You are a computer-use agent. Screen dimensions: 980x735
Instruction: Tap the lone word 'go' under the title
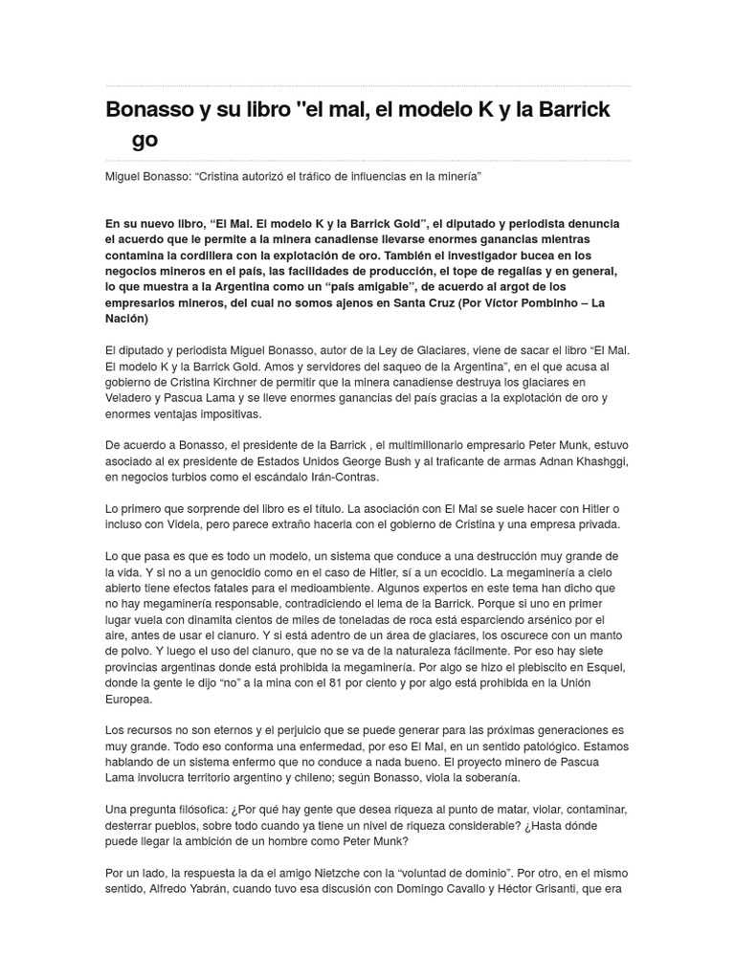[x=145, y=140]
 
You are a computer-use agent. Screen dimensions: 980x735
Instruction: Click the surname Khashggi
[x=594, y=461]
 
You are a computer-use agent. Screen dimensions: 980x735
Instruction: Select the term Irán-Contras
[x=343, y=477]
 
